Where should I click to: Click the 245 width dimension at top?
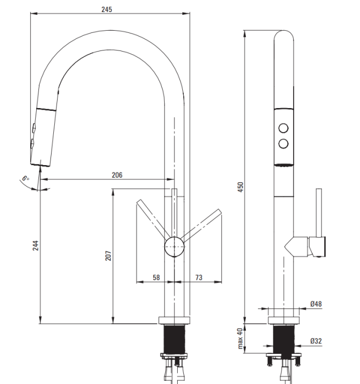[106, 9]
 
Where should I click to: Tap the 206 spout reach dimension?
[117, 175]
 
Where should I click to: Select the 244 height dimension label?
[36, 245]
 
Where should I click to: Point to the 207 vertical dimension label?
[108, 256]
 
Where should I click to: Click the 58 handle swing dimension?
[156, 278]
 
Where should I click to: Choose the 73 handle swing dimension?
[199, 278]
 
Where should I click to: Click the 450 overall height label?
[241, 187]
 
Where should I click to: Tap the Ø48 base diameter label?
[316, 304]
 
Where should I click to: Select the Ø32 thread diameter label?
[316, 341]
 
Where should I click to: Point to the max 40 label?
[240, 338]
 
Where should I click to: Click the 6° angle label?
[25, 178]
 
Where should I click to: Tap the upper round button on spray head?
[283, 128]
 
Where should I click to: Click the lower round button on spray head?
[283, 144]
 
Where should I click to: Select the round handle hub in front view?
[174, 247]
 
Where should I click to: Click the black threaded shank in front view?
[174, 339]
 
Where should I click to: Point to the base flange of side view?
[284, 320]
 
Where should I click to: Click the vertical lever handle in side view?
[319, 213]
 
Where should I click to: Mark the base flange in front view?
[174, 320]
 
